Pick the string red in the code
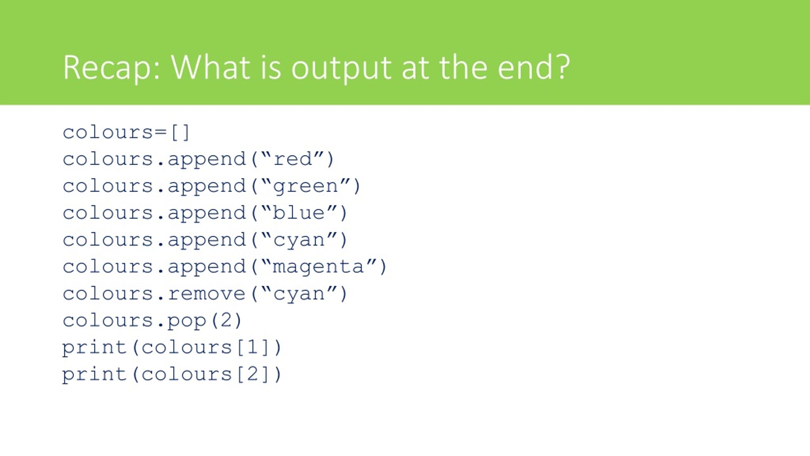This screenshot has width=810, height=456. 293,159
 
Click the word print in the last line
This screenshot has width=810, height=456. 95,375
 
